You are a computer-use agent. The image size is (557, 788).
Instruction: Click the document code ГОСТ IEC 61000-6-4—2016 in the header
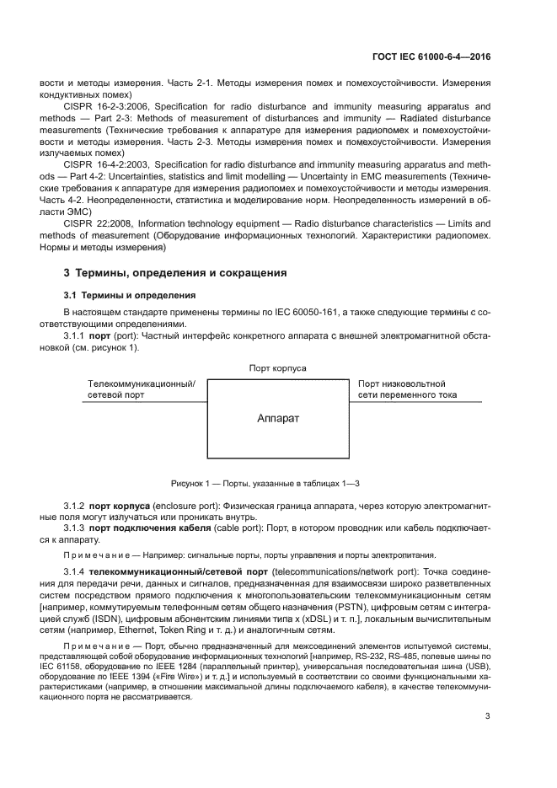coord(431,56)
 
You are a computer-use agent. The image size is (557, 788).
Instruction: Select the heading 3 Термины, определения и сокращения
coord(175,273)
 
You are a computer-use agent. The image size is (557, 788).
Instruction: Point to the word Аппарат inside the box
coord(278,418)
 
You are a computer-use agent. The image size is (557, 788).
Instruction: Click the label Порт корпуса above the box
coord(278,368)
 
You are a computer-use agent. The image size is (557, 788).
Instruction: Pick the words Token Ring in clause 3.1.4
coord(172,630)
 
